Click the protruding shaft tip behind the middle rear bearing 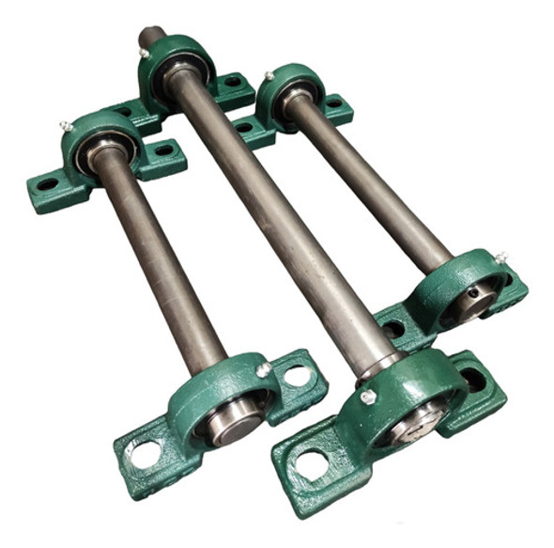[x=151, y=37]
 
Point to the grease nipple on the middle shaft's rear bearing [x=143, y=54]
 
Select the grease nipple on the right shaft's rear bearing [x=269, y=75]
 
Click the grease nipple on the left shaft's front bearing [x=266, y=368]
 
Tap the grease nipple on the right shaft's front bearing [x=501, y=256]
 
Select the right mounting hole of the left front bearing [x=299, y=375]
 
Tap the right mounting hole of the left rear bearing [x=165, y=149]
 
